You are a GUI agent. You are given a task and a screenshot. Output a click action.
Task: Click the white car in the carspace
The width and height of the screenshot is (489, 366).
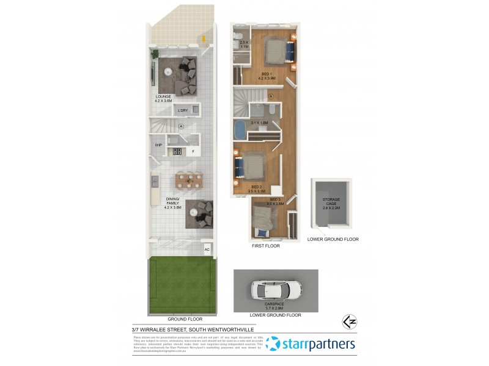click(x=276, y=289)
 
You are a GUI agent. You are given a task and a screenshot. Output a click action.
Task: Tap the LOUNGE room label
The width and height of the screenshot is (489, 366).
click(x=163, y=96)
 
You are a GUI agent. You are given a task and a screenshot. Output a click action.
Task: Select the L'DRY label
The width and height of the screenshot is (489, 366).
click(x=182, y=110)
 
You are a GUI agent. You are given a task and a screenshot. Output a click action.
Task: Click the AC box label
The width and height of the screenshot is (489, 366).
click(x=207, y=249)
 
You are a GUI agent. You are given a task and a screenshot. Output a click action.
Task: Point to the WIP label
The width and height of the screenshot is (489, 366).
click(x=158, y=145)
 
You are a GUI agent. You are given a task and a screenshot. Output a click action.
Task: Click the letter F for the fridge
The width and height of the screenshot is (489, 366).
click(x=193, y=151)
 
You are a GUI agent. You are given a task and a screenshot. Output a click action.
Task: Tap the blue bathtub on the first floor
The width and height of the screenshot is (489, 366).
click(x=240, y=131)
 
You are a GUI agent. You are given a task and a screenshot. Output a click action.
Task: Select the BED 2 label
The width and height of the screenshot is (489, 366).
click(x=257, y=187)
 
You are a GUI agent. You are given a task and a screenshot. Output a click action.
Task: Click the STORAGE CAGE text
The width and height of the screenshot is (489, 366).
click(x=331, y=201)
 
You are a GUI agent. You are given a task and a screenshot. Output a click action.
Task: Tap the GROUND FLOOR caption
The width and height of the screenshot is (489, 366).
click(x=183, y=318)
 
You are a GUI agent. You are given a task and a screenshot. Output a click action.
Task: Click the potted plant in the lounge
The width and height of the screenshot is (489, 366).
click(x=155, y=54)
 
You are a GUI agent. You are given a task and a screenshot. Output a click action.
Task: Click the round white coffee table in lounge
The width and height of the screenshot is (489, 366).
click(x=167, y=70)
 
